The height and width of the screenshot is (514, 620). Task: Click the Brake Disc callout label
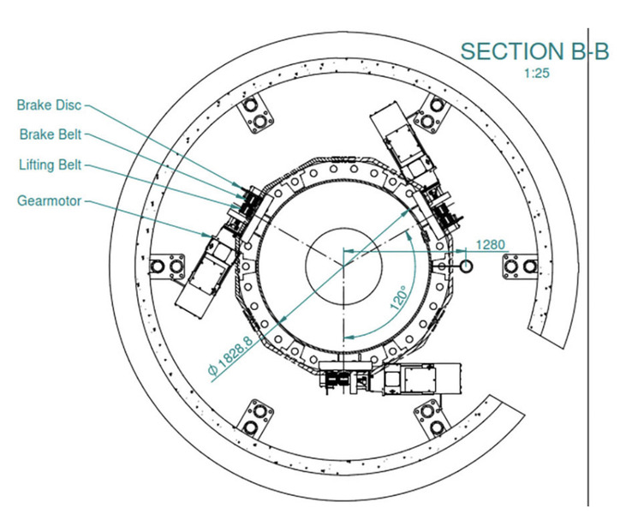click(49, 105)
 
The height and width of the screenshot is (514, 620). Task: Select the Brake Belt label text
click(51, 134)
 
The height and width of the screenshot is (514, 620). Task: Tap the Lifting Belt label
click(51, 164)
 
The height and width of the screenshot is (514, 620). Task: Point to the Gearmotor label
click(49, 201)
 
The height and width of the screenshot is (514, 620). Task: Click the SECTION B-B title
click(534, 51)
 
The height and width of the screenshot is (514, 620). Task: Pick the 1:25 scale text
click(537, 74)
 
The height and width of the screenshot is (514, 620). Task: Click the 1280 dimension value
click(491, 244)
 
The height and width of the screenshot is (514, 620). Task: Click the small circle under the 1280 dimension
click(467, 266)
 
